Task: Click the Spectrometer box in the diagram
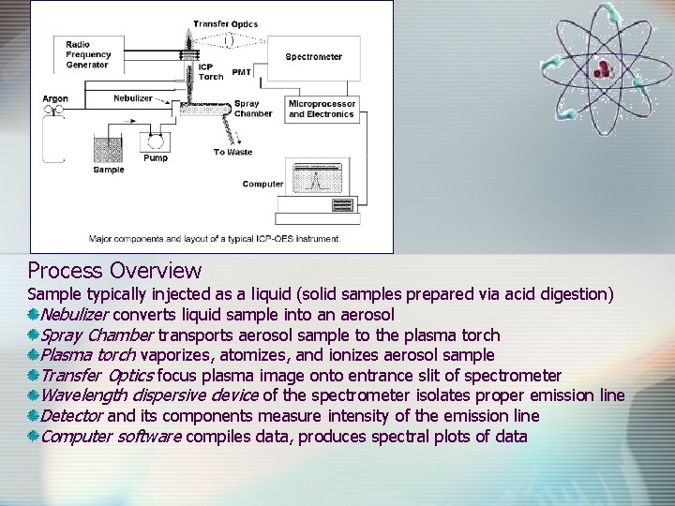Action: (x=314, y=57)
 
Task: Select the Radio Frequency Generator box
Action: (x=88, y=54)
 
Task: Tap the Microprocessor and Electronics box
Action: (x=322, y=109)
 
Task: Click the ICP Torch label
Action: (x=211, y=71)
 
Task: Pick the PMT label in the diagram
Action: (x=242, y=71)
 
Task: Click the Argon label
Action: (x=55, y=98)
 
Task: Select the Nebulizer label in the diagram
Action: (x=132, y=97)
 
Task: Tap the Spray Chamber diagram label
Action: (x=252, y=109)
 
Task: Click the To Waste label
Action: (x=232, y=152)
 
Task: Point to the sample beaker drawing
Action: (x=108, y=149)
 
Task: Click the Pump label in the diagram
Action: (x=156, y=158)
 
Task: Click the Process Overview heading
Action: (x=114, y=271)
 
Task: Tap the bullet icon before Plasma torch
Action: (x=33, y=355)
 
